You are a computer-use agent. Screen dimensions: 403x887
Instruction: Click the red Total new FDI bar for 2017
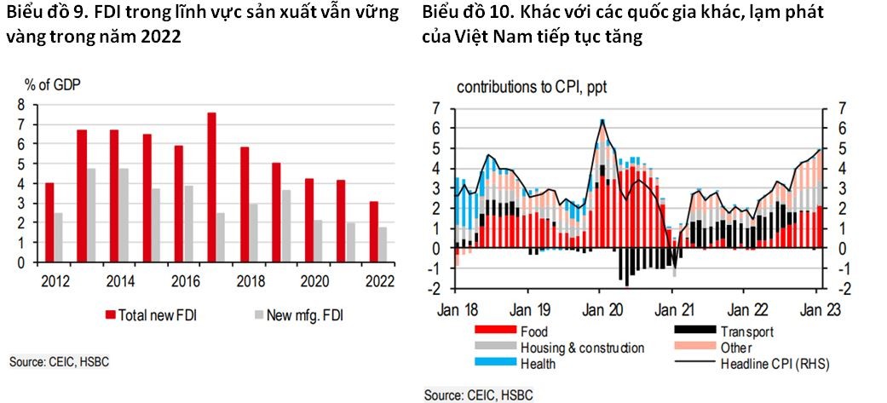click(211, 187)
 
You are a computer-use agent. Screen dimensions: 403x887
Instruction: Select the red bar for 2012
click(49, 222)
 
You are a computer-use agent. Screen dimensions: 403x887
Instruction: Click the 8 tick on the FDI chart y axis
click(22, 105)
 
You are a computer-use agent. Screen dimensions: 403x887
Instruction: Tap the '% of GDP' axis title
click(52, 83)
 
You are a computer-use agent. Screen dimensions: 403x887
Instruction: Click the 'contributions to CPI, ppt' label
click(533, 87)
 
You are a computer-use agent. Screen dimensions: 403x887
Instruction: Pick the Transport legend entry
click(746, 331)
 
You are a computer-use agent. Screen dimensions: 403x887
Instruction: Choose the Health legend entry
click(536, 364)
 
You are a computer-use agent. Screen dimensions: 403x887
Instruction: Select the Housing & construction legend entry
click(581, 348)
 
